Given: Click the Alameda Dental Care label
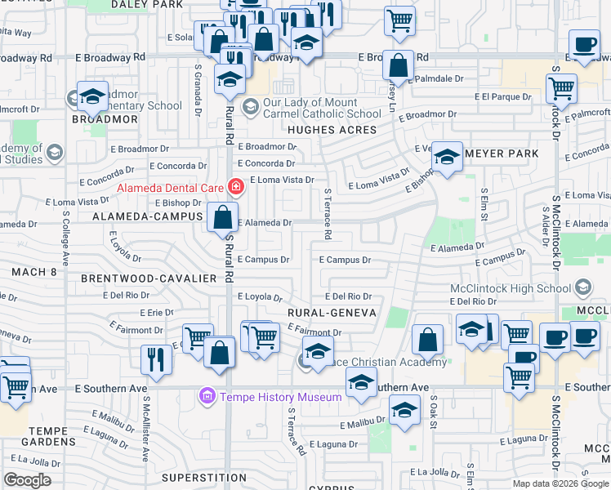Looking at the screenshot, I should (x=172, y=187).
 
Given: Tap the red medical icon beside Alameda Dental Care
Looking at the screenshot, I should (x=236, y=187).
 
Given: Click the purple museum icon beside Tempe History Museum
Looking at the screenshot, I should (x=207, y=397).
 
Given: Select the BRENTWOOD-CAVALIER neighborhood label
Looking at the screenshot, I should (x=148, y=278).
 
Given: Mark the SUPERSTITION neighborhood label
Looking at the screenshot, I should (x=193, y=477).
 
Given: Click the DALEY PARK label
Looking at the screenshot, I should (x=153, y=4).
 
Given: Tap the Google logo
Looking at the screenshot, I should (x=27, y=480).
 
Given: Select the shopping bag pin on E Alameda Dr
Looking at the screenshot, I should (x=222, y=218).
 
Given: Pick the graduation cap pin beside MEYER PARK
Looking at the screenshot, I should (x=447, y=158).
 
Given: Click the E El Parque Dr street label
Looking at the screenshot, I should (x=503, y=96).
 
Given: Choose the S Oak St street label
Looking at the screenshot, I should (x=434, y=413).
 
